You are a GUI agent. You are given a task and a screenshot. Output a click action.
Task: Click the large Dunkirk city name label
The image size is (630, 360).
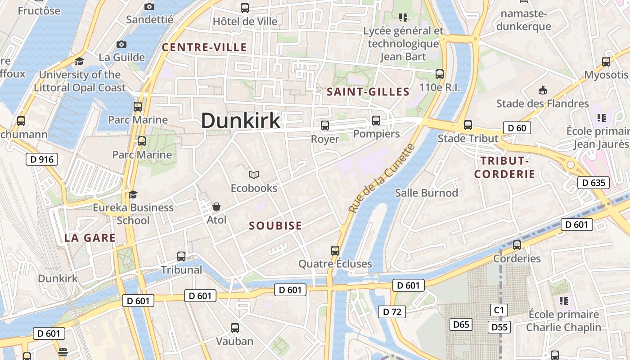coord(241,121)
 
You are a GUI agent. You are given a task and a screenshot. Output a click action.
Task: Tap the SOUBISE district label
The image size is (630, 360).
coord(275,226)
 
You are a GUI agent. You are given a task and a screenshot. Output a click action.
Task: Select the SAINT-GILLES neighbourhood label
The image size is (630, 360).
coord(368,92)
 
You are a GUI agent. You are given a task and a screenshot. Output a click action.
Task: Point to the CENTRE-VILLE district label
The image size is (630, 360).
coord(204,47)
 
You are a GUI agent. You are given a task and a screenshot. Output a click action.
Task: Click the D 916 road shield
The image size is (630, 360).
coord(42,159)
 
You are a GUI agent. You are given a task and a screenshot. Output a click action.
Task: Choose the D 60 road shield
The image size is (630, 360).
coord(517,128)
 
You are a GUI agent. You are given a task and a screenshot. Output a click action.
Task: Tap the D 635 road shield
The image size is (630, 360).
coord(594,183)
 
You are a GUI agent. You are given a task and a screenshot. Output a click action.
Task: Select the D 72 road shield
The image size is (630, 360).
coord(391,311)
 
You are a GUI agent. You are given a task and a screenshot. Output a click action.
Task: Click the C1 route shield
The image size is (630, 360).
coord(499,310)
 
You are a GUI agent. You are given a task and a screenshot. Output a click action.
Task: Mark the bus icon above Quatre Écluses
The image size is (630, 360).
coord(335,251)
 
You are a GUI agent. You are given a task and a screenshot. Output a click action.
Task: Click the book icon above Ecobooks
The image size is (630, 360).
coord(254,175)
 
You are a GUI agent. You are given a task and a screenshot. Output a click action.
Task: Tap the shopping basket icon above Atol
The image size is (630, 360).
coord(216,207)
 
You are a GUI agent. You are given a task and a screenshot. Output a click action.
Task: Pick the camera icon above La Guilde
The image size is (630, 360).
coord(121,44)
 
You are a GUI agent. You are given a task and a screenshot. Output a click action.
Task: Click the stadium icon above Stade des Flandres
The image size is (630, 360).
coord(543,90)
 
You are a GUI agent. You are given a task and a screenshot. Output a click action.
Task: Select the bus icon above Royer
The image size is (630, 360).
coord(324,126)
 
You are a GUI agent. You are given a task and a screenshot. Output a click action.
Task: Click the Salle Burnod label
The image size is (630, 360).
coord(426,193)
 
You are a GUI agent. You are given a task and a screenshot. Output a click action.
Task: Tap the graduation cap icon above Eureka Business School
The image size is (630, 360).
coord(133,194)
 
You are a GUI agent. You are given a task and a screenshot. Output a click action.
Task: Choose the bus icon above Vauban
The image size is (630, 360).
coord(234,328)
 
